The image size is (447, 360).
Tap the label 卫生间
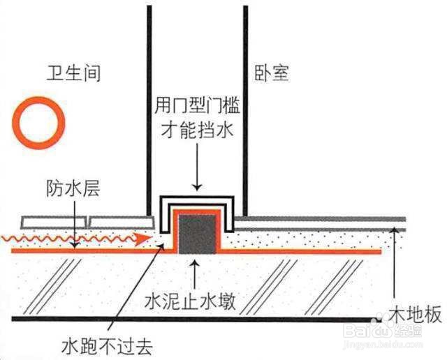(x=73, y=73)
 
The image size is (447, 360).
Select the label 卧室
(x=272, y=73)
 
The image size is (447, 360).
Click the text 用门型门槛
(x=197, y=105)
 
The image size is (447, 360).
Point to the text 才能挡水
(x=197, y=130)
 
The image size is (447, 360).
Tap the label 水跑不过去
(x=107, y=346)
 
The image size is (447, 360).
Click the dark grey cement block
(x=197, y=234)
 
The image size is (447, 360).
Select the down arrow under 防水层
(x=75, y=224)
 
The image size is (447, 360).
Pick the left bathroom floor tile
(x=54, y=223)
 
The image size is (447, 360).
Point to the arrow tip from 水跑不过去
(x=164, y=243)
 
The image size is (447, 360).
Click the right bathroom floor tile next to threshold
(x=121, y=223)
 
